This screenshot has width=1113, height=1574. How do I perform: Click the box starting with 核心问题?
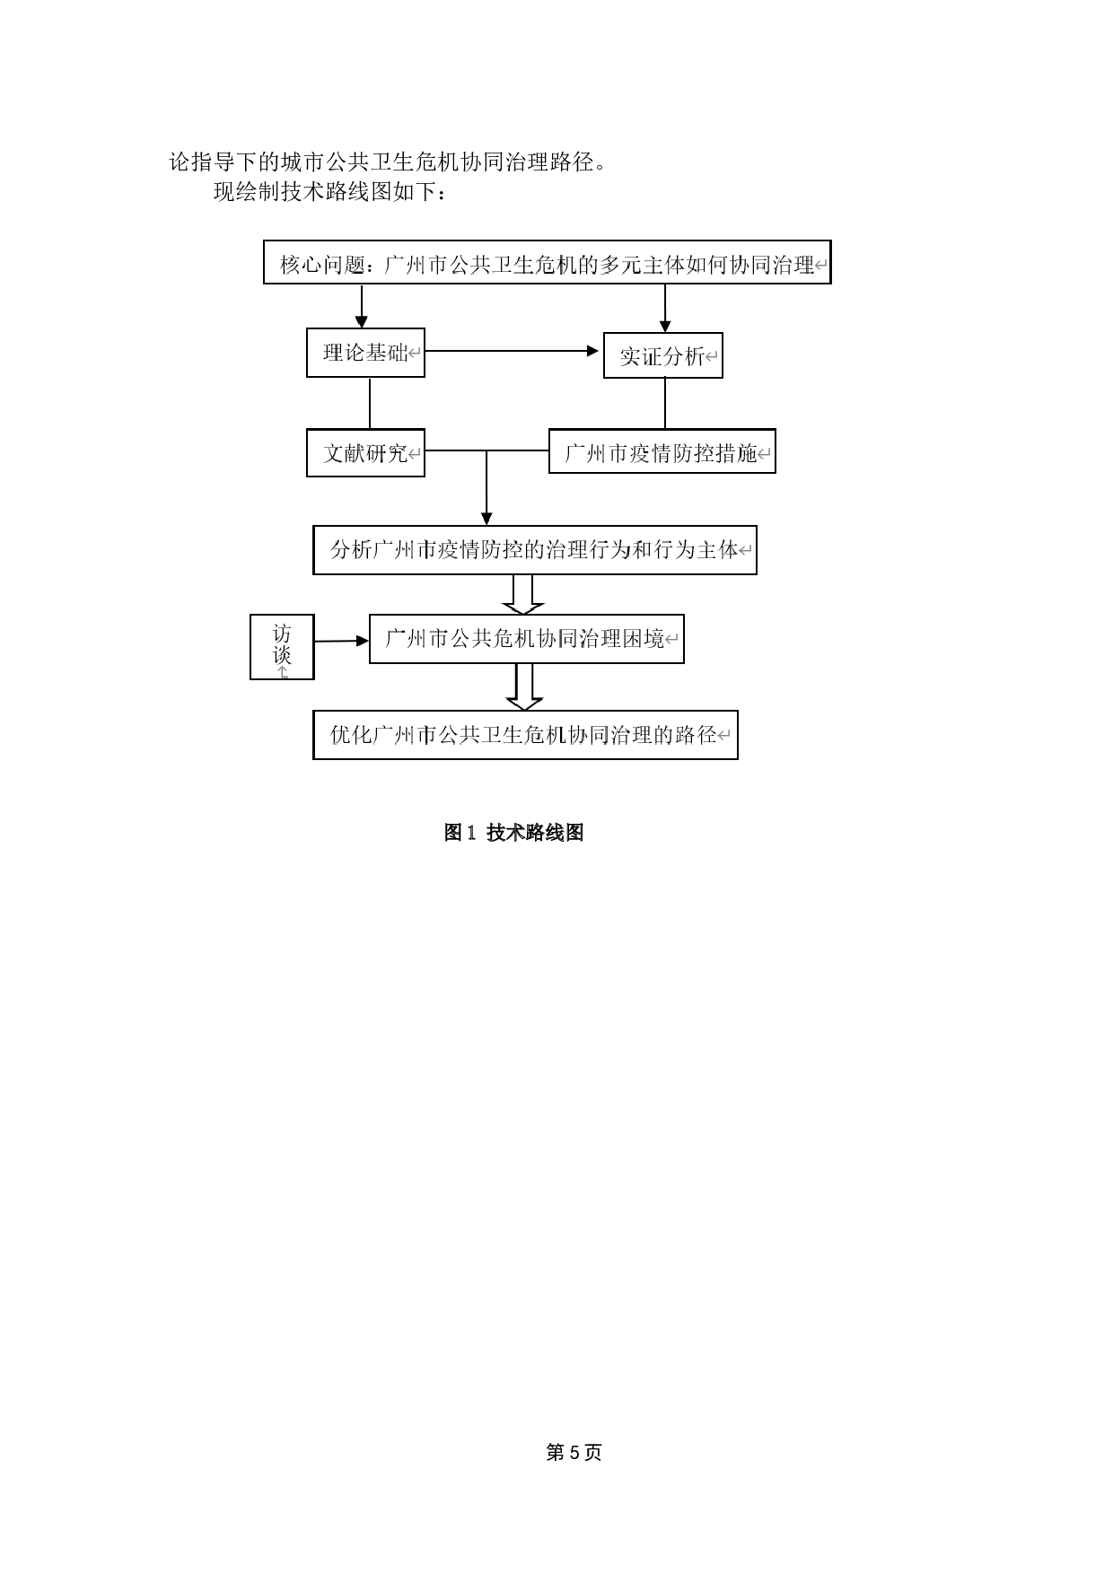[547, 263]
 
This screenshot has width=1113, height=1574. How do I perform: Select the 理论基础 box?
[365, 353]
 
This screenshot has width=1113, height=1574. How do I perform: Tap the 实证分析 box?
[662, 356]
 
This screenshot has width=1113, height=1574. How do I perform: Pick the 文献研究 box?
[365, 453]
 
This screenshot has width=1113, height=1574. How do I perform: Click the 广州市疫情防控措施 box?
[662, 452]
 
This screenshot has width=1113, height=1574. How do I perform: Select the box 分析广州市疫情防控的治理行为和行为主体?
[534, 550]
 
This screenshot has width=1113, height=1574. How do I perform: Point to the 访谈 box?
[282, 646]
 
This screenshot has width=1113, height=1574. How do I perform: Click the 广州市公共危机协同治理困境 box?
[526, 639]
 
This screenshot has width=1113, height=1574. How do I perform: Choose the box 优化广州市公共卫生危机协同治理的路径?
[525, 735]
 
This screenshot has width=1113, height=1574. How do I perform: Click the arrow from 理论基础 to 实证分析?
[512, 351]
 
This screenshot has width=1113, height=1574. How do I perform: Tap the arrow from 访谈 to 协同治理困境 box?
[342, 641]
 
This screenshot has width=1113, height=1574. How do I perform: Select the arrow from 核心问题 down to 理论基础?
[362, 307]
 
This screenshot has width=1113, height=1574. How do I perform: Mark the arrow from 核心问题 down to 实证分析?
[665, 309]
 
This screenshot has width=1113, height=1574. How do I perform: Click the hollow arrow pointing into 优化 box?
[524, 687]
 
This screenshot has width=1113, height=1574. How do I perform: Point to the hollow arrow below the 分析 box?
[522, 595]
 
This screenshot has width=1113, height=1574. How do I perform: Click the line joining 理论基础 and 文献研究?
[369, 403]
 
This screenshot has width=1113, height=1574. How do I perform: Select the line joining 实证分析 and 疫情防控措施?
[665, 403]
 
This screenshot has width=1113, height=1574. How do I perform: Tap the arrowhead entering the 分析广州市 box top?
[486, 518]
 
